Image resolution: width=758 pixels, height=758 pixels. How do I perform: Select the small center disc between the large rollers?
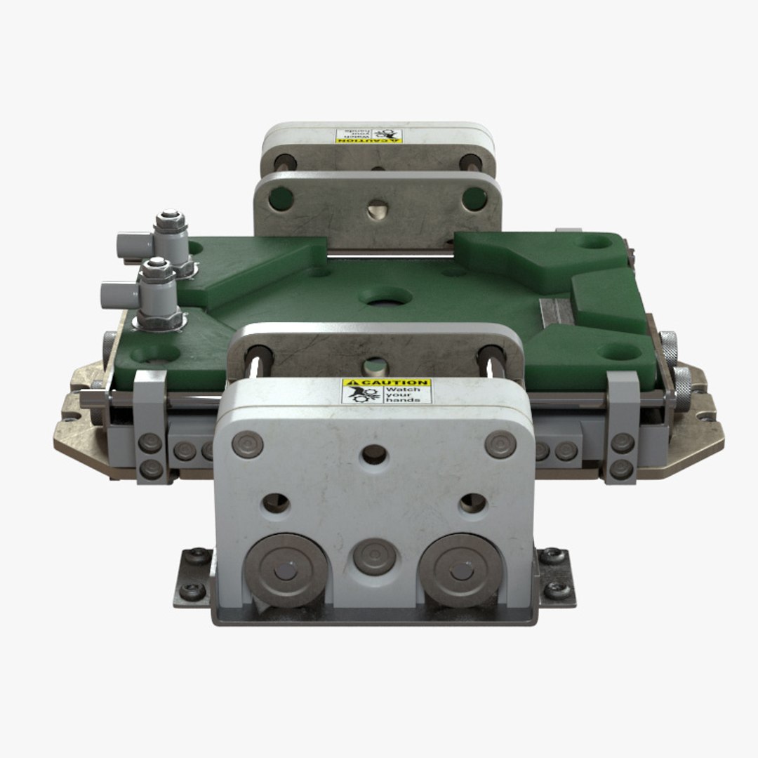click(373, 558)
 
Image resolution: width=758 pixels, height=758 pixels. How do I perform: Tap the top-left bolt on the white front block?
click(248, 445)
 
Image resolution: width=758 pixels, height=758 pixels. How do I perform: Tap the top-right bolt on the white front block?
click(500, 444)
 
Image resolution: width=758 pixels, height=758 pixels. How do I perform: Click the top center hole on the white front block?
click(373, 456)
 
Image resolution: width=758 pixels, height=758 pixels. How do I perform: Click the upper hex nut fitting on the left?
click(171, 223)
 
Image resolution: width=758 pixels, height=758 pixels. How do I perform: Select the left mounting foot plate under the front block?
click(194, 577)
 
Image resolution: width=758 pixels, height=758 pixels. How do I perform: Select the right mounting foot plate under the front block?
click(557, 577)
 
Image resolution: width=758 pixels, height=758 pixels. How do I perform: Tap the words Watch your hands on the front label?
click(407, 394)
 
